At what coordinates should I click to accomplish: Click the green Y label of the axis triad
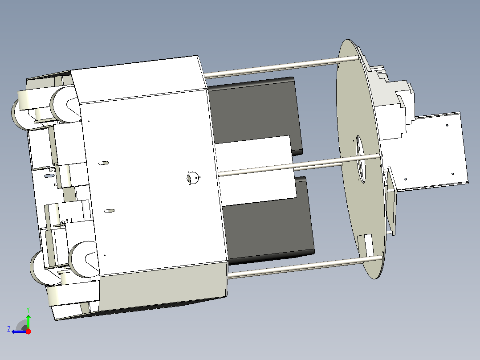[x=28, y=310]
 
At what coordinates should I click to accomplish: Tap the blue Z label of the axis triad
[x=9, y=329]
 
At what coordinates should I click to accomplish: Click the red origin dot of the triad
[x=28, y=331]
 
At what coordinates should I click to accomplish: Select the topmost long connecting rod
[x=281, y=66]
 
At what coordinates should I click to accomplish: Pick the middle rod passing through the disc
[x=300, y=166]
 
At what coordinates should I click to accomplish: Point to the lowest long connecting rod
[x=305, y=267]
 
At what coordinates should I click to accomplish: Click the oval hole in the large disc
[x=360, y=159]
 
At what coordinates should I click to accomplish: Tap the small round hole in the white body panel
[x=192, y=178]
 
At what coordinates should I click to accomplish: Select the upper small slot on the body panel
[x=103, y=163]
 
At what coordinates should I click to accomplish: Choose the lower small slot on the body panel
[x=109, y=211]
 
